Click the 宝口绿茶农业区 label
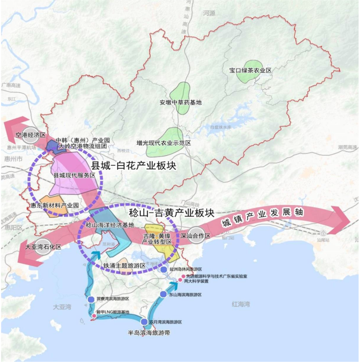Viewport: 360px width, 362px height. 251,71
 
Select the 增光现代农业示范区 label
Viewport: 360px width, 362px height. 164,143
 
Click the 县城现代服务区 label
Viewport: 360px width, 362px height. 75,175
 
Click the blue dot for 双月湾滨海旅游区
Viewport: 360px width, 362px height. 144,322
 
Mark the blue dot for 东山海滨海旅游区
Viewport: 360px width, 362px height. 163,294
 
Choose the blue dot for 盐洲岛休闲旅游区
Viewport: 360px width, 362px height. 163,269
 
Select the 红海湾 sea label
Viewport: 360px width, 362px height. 241,304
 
